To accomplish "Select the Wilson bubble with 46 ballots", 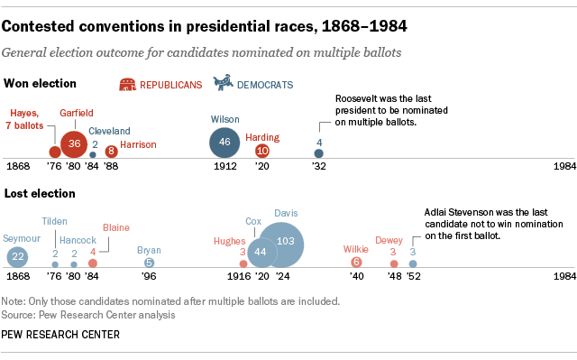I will point(224,143).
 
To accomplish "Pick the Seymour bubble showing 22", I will point(18,255).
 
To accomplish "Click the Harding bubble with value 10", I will point(262,151).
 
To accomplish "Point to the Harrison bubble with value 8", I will point(111,152).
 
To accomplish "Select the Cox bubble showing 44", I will point(261,252).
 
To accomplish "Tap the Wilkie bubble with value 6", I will point(356,263).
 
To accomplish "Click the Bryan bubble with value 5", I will point(149,263).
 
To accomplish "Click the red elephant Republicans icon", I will point(130,85).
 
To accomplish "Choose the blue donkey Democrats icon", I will point(222,84).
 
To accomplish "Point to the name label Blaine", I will point(116,227).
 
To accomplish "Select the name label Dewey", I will point(389,240).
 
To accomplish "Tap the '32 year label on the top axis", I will point(318,168).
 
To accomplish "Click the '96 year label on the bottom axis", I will point(149,277).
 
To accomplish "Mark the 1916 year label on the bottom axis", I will point(239,277).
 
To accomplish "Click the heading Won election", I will point(41,84).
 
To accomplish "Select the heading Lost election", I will point(40,194).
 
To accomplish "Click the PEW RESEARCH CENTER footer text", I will point(61,335).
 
